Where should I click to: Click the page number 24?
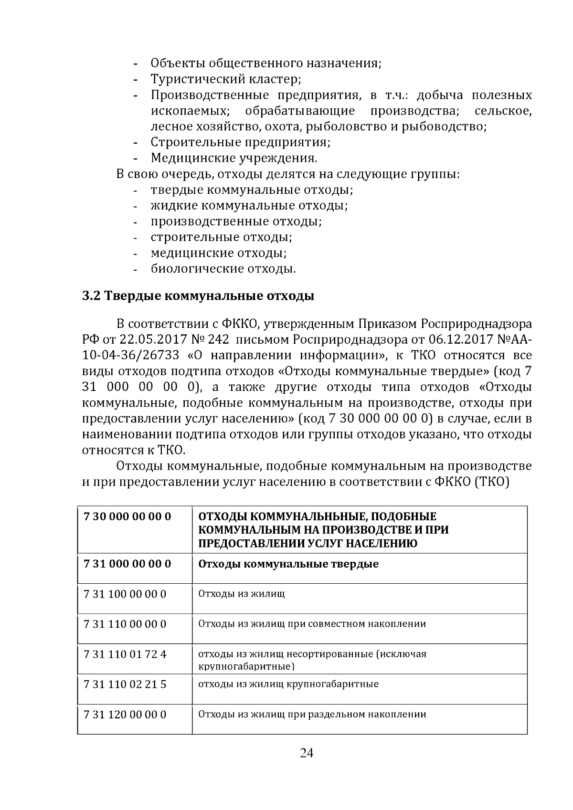click(x=306, y=754)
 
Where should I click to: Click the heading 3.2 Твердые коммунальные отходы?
click(x=198, y=296)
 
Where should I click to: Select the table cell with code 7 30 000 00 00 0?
click(x=127, y=516)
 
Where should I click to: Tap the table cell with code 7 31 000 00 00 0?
click(x=127, y=564)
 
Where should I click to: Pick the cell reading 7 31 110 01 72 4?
click(x=125, y=654)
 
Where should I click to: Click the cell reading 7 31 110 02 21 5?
click(x=125, y=684)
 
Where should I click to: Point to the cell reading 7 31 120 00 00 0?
click(x=125, y=715)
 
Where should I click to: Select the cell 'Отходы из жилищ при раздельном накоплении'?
click(x=312, y=715)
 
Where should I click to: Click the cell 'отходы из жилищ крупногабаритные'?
click(x=288, y=684)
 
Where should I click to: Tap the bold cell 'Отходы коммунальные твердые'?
click(x=288, y=564)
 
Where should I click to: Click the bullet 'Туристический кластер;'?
click(x=226, y=79)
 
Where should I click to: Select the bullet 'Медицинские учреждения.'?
click(x=234, y=158)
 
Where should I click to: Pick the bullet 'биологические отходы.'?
click(x=223, y=269)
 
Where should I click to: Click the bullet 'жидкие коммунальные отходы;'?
click(x=249, y=206)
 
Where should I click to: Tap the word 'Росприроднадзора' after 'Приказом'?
click(x=476, y=324)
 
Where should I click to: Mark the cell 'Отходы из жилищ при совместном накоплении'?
click(x=312, y=624)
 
